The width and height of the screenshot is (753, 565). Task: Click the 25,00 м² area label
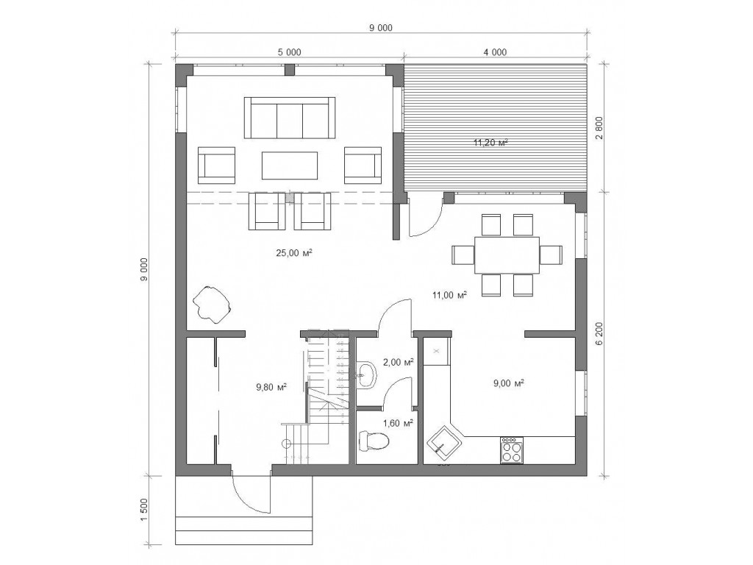(x=294, y=252)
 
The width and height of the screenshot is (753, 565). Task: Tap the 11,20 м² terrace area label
(x=490, y=142)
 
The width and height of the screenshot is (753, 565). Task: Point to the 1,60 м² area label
(x=398, y=423)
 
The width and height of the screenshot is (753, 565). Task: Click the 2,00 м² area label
(x=398, y=363)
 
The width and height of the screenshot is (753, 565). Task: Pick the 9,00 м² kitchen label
(x=509, y=383)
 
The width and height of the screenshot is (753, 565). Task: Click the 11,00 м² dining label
(x=449, y=295)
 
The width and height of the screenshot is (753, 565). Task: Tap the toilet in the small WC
(x=374, y=441)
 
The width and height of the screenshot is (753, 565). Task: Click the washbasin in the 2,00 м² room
(x=368, y=373)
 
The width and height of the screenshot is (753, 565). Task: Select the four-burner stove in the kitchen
(x=512, y=451)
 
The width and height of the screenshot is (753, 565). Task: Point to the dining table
(x=507, y=255)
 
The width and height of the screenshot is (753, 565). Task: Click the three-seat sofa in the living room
(x=290, y=118)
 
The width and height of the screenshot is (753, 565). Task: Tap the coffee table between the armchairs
(x=290, y=166)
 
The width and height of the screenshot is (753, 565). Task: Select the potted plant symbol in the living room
(x=212, y=304)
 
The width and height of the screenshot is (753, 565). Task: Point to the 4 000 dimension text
(x=495, y=52)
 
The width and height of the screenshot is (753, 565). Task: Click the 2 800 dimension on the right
(x=599, y=127)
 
